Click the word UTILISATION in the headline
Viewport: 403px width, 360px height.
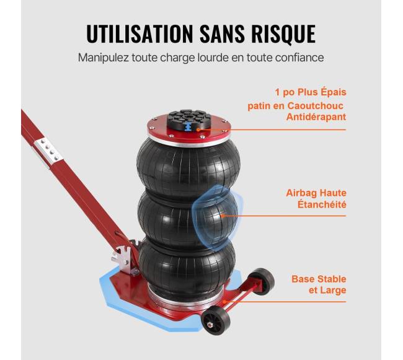click(139, 33)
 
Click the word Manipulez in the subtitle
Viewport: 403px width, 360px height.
click(104, 58)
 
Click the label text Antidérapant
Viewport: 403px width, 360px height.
click(316, 117)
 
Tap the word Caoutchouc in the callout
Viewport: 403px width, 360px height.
click(315, 105)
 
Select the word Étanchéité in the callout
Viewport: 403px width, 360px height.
click(322, 204)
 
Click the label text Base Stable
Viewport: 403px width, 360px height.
click(319, 279)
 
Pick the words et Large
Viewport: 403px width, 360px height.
click(327, 291)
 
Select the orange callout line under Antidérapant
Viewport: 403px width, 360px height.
click(272, 130)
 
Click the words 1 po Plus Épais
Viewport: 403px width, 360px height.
click(311, 92)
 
